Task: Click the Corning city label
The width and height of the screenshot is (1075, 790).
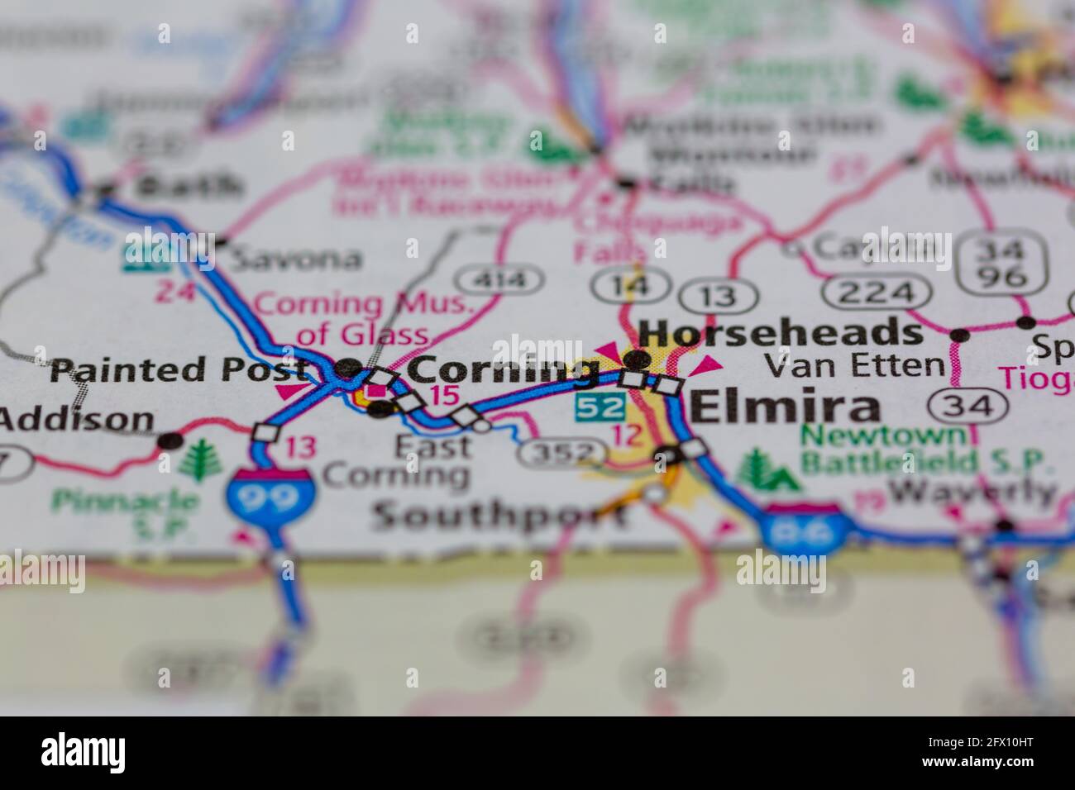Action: tap(504, 369)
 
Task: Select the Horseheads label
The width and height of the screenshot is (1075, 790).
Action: tap(781, 334)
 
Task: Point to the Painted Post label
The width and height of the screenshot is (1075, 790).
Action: tap(178, 369)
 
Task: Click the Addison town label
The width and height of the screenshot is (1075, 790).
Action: tap(77, 419)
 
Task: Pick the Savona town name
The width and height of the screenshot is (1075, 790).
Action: tap(297, 259)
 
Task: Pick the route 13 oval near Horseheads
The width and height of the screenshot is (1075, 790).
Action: tap(718, 295)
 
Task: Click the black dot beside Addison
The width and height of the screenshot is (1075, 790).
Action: tap(171, 440)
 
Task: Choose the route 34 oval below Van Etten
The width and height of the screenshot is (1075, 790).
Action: tap(968, 406)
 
